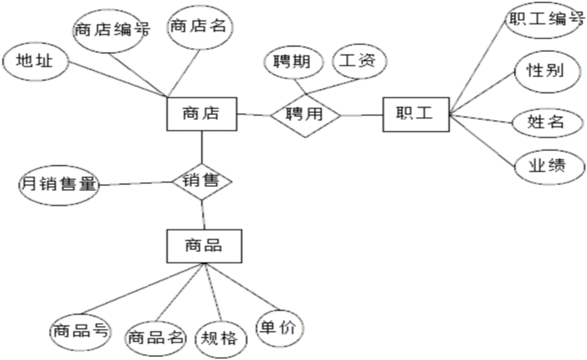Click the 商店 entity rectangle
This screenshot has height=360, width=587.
201,114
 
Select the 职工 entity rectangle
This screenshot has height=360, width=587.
415,114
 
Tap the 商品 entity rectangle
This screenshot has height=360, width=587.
204,246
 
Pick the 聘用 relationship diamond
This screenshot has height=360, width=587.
306,114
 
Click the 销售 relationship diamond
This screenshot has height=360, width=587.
202,181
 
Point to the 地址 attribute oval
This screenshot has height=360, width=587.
35,61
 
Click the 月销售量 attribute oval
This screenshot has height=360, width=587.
58,185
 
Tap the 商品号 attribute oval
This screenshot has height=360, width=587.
80,332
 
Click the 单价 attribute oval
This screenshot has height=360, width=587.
279,329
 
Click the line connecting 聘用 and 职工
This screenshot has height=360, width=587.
362,115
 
